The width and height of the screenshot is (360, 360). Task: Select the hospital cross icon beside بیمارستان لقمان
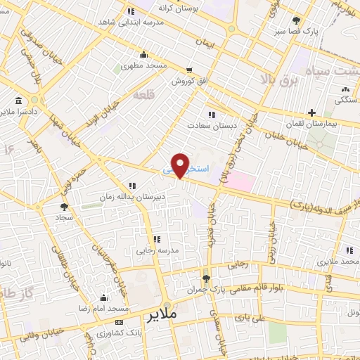311,112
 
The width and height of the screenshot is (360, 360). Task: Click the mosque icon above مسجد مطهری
143,55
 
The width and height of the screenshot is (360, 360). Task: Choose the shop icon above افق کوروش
189,70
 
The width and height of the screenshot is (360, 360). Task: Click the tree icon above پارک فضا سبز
297,20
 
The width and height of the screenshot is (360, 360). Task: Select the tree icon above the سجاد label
64,207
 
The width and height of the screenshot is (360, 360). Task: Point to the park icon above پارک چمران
205,278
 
